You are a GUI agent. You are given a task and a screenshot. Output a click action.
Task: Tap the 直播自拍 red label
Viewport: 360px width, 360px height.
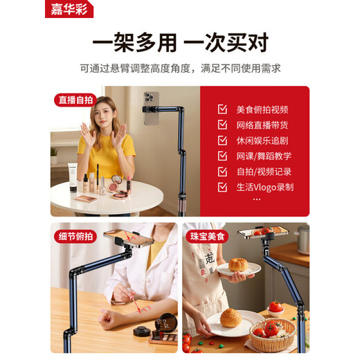coord(75,100)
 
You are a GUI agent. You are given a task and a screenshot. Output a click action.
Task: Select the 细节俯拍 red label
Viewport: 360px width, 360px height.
coord(75,236)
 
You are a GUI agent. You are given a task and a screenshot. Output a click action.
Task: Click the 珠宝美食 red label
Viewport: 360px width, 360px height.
coord(207,236)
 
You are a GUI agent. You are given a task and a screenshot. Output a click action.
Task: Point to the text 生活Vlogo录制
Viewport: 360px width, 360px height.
coord(265,187)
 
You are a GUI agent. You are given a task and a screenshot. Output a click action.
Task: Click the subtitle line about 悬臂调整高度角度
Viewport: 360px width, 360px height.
coord(180,68)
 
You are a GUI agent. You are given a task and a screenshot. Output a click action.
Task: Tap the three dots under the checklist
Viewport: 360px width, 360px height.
coord(257,199)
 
